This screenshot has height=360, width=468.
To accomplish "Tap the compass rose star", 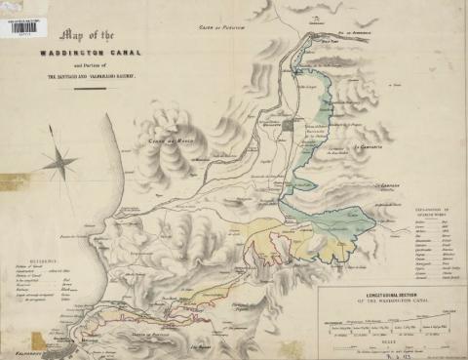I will click(59, 159).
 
